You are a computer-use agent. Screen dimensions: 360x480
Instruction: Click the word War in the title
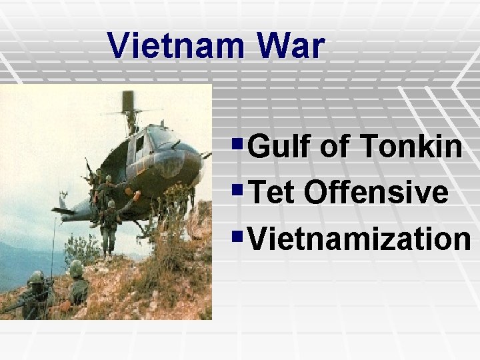coord(293,45)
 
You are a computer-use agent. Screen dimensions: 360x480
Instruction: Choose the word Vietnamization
coord(359,238)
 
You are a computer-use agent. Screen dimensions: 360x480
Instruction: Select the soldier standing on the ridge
coord(109,227)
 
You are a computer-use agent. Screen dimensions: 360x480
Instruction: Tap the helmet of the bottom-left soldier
coord(37,277)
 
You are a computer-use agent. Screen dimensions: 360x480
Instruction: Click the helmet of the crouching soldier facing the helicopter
coord(76,268)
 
